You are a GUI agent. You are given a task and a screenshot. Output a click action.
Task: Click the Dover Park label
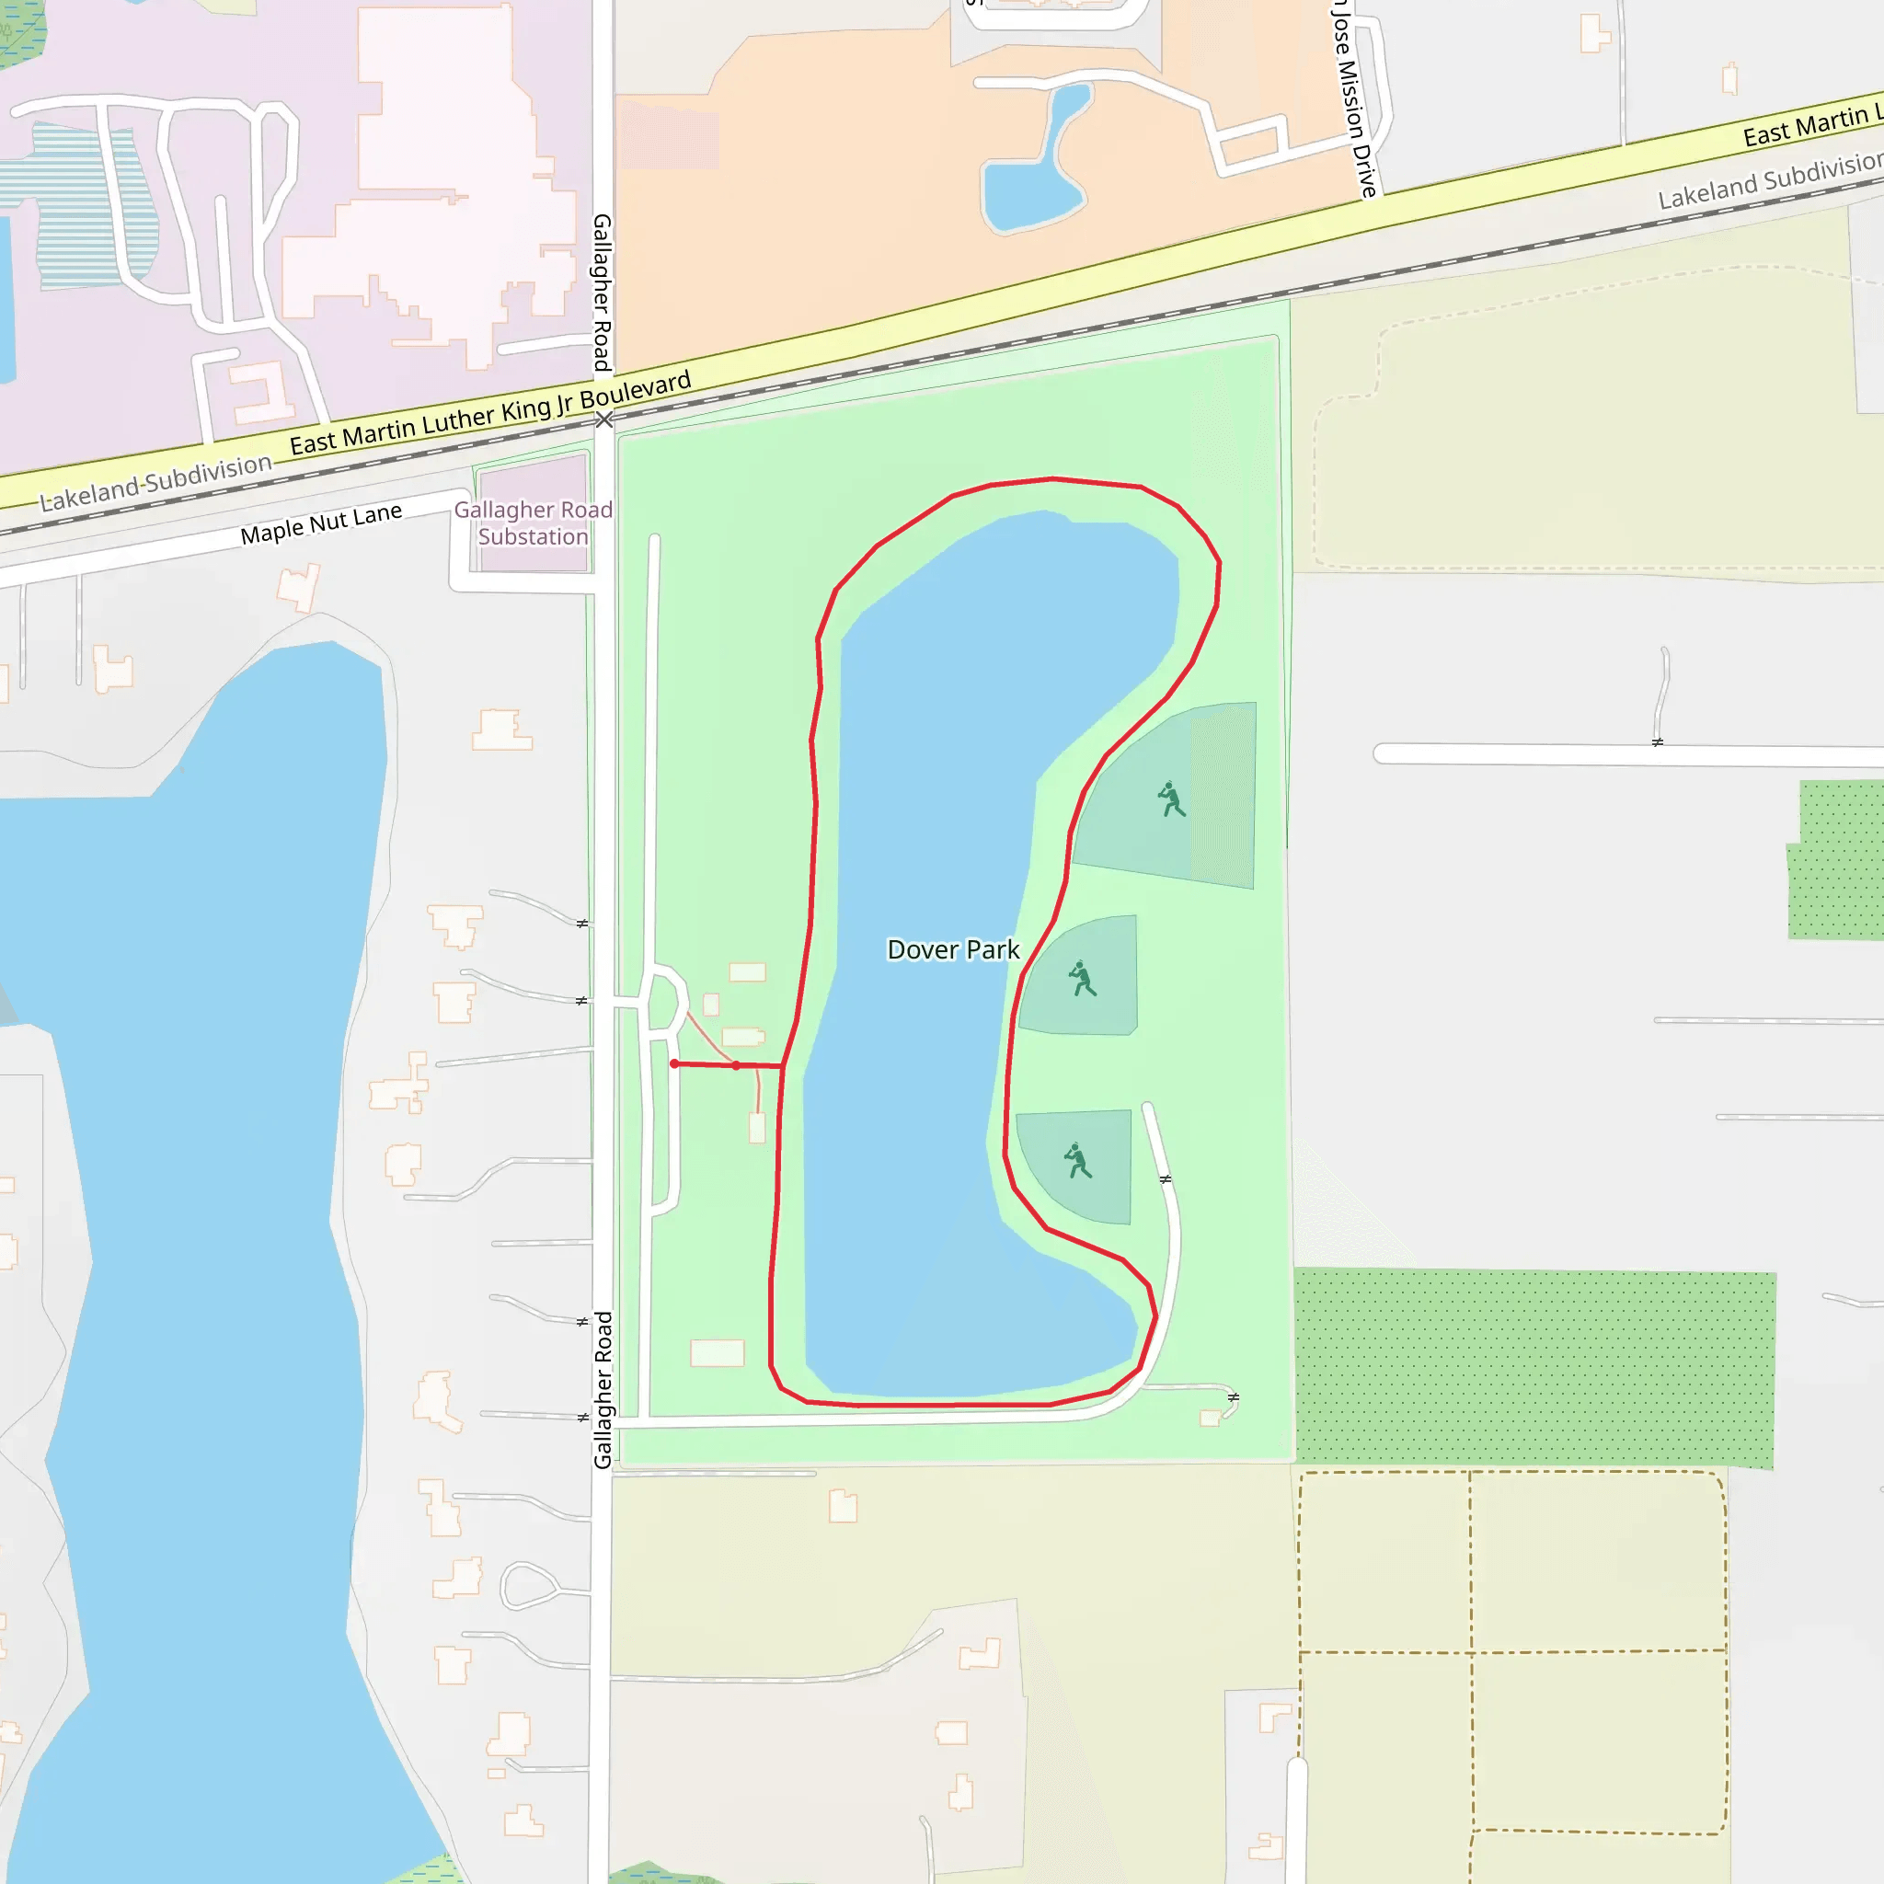point(953,949)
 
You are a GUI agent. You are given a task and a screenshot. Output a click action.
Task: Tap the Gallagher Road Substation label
point(533,523)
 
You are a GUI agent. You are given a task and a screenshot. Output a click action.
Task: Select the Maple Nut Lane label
point(321,523)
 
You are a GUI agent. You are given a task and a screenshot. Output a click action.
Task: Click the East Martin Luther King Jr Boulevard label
point(489,413)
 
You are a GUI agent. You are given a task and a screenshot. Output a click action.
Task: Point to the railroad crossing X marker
point(604,420)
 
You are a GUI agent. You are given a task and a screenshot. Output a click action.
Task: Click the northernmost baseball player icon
point(1171,799)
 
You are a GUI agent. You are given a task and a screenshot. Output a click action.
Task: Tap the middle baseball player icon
point(1083,979)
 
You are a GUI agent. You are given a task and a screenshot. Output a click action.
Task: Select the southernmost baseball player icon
point(1077,1162)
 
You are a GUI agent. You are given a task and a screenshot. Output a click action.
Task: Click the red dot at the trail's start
point(675,1064)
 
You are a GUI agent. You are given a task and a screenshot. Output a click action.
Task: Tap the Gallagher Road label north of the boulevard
point(603,293)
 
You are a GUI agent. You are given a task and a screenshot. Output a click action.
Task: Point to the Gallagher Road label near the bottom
point(603,1390)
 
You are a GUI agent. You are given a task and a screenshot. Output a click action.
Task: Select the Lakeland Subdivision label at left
point(156,483)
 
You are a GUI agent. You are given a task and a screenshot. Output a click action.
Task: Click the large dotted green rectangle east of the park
point(1534,1367)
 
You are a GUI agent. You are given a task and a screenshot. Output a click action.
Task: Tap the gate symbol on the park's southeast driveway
point(1234,1398)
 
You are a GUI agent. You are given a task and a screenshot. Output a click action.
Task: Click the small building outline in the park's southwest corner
point(717,1353)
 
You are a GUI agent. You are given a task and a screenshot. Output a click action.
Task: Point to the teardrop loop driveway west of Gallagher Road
point(527,1587)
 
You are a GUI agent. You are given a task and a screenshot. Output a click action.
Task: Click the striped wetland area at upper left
point(87,205)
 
